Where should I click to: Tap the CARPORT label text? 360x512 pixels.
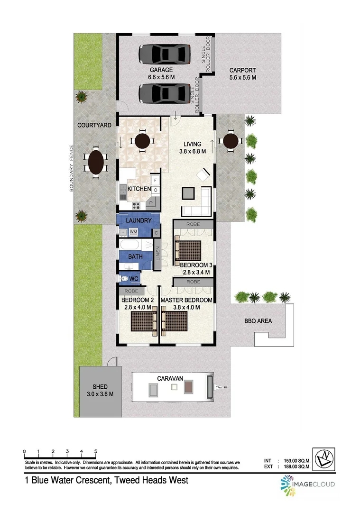(x=242, y=70)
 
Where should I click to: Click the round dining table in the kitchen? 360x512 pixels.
(x=143, y=140)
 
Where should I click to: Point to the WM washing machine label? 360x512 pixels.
(x=133, y=232)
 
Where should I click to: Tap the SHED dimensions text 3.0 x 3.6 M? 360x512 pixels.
(x=100, y=394)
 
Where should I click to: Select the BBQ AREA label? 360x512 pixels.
(x=258, y=321)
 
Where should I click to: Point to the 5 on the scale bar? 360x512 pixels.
(x=96, y=451)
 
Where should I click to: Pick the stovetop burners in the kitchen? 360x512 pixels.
(x=137, y=205)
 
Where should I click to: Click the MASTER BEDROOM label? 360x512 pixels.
(x=186, y=300)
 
